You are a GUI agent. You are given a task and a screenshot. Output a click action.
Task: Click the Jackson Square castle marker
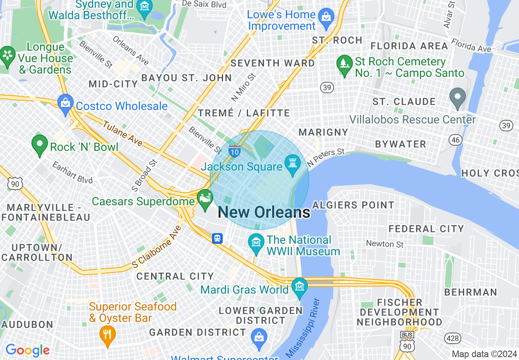[x=292, y=162]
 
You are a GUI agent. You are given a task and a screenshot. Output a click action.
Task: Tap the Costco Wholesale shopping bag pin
[x=65, y=103]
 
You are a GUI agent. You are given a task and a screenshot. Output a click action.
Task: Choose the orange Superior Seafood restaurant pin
[x=107, y=334]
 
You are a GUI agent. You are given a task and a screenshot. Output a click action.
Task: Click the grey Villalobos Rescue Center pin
[x=458, y=97]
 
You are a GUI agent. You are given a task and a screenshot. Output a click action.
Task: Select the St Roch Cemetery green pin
[x=344, y=64]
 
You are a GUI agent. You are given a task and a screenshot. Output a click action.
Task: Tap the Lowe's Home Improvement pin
[x=326, y=18]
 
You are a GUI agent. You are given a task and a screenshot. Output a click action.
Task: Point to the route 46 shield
[x=455, y=140]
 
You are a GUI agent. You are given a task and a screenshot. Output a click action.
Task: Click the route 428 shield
[x=452, y=338]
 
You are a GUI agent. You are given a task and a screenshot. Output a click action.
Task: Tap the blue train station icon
[x=217, y=239]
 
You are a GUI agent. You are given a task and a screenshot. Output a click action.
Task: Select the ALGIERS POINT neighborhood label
[x=353, y=205]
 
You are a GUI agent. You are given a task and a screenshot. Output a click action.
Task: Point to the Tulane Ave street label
[x=122, y=133]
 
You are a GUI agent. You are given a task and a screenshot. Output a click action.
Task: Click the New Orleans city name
[x=264, y=212]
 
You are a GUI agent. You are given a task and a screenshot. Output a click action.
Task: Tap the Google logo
[x=27, y=350]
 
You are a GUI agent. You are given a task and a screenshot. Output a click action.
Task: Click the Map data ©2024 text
[x=484, y=354]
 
